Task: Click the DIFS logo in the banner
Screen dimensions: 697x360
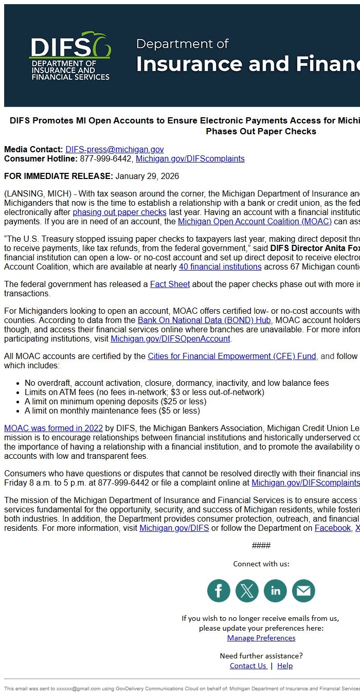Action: click(70, 56)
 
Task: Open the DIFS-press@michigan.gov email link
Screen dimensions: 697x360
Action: click(114, 150)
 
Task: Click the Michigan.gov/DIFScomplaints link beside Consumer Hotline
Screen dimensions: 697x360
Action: click(190, 159)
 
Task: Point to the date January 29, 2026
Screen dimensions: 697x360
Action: click(147, 176)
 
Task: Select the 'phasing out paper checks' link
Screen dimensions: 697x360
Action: click(119, 212)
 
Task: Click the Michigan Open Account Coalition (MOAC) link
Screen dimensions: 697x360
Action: click(255, 222)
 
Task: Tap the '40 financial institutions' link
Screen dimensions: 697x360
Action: click(220, 267)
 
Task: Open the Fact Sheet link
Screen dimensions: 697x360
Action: click(170, 284)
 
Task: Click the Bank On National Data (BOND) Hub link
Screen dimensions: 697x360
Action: click(204, 320)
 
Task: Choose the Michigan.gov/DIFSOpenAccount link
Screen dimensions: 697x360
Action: click(170, 339)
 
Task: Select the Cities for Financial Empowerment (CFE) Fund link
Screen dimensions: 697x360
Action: click(232, 356)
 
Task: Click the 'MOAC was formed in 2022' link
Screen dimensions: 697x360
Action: click(53, 428)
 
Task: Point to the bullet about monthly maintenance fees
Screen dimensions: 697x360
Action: click(112, 411)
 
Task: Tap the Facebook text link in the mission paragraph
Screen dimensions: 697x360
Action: click(333, 528)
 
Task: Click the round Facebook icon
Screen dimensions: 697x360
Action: click(219, 591)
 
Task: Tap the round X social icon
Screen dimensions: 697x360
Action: click(247, 591)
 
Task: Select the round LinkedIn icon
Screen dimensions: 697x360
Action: click(275, 591)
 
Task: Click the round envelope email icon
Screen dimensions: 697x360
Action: click(303, 591)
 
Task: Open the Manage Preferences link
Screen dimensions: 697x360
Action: click(261, 638)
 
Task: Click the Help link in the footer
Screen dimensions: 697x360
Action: click(285, 666)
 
